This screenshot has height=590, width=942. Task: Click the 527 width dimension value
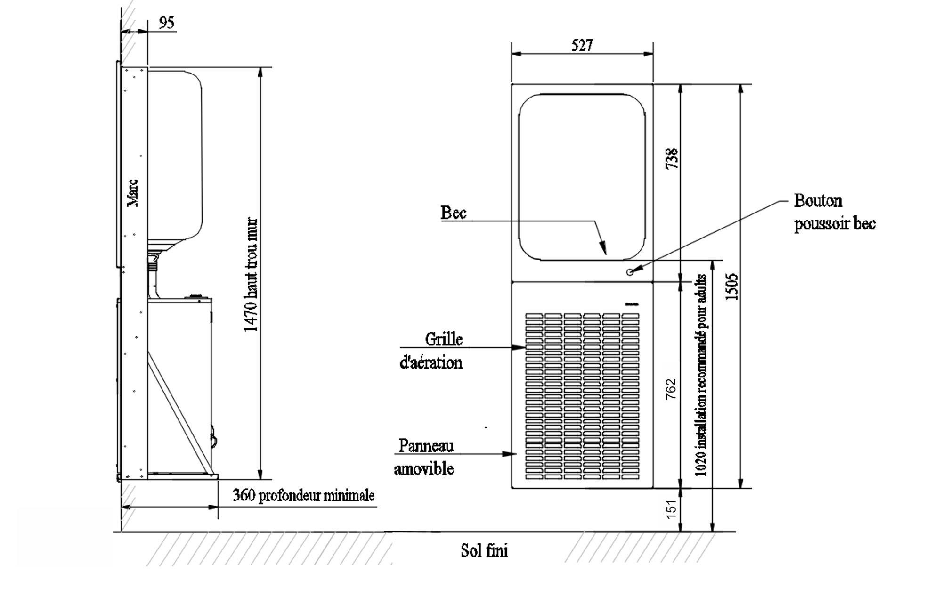point(582,45)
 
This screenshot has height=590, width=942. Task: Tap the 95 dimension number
point(166,23)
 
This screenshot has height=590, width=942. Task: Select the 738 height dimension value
point(672,158)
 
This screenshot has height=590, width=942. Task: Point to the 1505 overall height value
point(731,287)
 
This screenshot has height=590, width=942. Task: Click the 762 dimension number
point(671,389)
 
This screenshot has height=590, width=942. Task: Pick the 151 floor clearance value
point(671,509)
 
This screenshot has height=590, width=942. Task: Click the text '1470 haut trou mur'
point(251,275)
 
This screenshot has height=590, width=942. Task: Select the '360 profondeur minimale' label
point(304,495)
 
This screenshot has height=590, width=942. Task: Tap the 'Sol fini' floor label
point(484,550)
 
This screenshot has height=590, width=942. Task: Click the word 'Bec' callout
point(453,213)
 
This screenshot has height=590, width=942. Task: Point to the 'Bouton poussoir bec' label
point(835,212)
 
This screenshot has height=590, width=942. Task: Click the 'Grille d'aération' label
point(431,351)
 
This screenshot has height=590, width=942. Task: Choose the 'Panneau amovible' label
point(424,457)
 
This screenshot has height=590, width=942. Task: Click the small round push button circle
point(630,272)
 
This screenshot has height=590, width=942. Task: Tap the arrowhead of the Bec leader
point(603,248)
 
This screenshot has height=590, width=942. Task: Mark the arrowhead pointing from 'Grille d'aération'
point(519,348)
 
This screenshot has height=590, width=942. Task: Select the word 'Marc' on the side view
point(133,193)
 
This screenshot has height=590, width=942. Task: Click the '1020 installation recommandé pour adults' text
point(701,376)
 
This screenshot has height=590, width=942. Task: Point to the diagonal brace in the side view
point(179,412)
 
